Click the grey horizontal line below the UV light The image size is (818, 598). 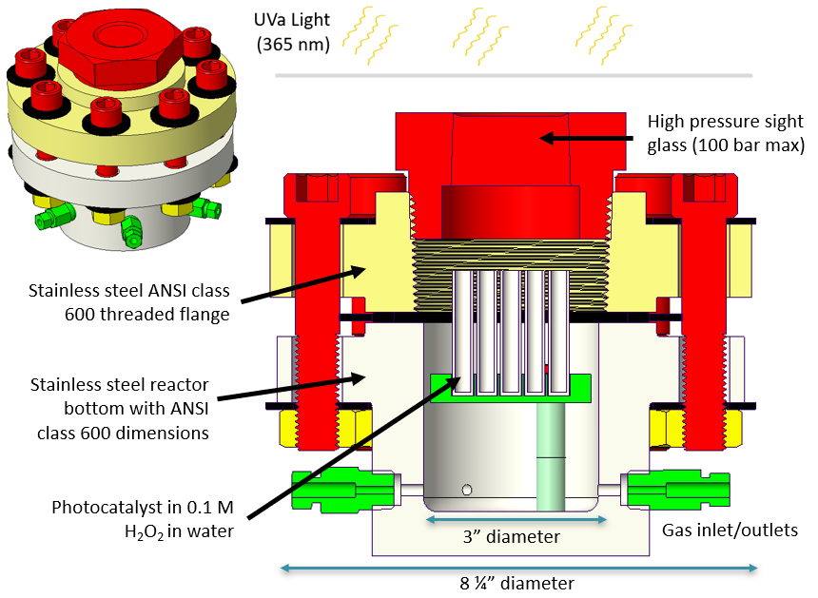point(514,75)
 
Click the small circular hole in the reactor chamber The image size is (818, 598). point(466,490)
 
